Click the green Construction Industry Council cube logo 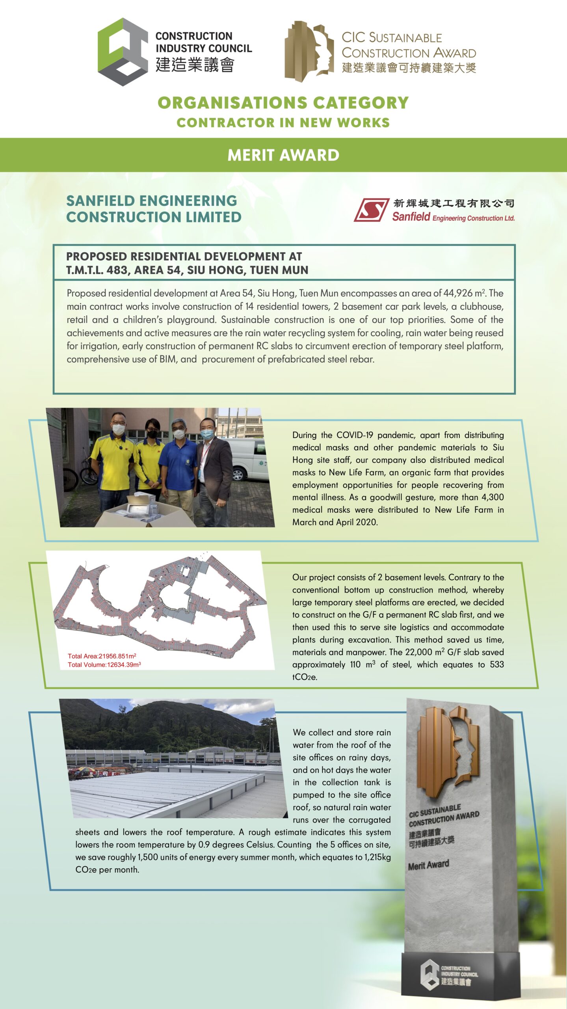pos(123,52)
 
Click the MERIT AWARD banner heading pos(283,155)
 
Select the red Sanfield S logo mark pos(371,210)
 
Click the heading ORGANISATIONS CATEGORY pos(283,103)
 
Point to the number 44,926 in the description pos(457,293)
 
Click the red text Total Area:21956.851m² pos(102,656)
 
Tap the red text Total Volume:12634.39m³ pos(104,665)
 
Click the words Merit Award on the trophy pos(428,865)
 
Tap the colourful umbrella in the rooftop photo pos(86,768)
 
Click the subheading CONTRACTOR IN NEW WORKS pos(283,123)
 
